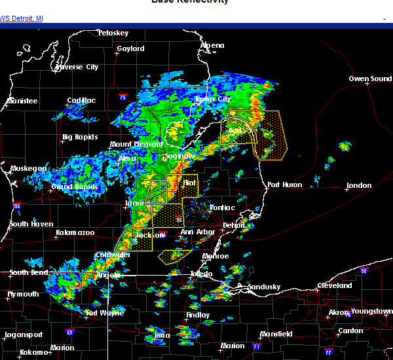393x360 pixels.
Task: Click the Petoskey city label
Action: tap(113, 33)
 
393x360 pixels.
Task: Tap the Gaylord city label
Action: tap(130, 48)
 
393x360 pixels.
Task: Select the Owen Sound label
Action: tap(370, 79)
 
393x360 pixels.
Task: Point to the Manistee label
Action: tap(22, 101)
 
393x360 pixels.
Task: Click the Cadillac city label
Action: tap(81, 101)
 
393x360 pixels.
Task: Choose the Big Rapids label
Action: tap(80, 137)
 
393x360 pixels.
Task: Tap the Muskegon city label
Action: tap(29, 168)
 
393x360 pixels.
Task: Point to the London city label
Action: tap(358, 185)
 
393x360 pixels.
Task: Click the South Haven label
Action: tap(31, 225)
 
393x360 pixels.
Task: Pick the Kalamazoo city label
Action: tap(75, 232)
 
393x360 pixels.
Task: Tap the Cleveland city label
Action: tap(335, 286)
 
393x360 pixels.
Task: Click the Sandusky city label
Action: tap(264, 287)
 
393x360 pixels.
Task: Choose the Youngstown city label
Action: tap(371, 311)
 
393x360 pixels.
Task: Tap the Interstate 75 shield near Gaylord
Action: tap(123, 98)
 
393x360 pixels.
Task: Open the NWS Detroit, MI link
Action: tap(22, 18)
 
